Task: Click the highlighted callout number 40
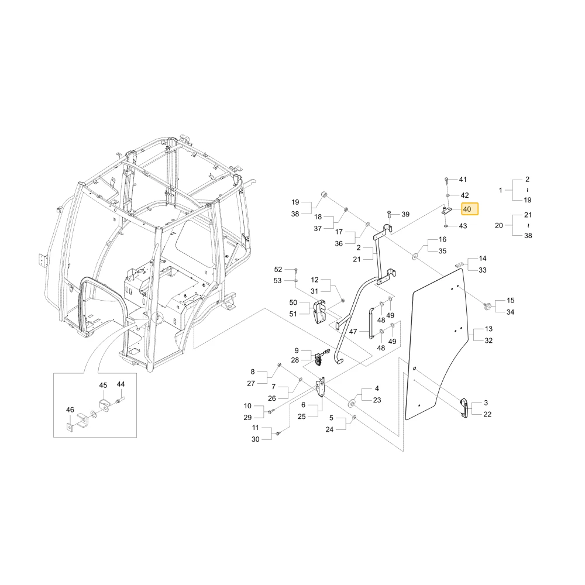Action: [x=467, y=209]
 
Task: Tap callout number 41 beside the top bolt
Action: [x=463, y=180]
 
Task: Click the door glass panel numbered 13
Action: [x=435, y=343]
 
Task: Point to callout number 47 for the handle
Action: [x=353, y=331]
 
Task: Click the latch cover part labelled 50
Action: [x=320, y=312]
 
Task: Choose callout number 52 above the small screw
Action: [x=278, y=269]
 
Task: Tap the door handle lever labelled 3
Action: [x=463, y=408]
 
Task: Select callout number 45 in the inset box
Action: [x=103, y=385]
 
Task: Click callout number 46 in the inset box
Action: [x=70, y=409]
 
